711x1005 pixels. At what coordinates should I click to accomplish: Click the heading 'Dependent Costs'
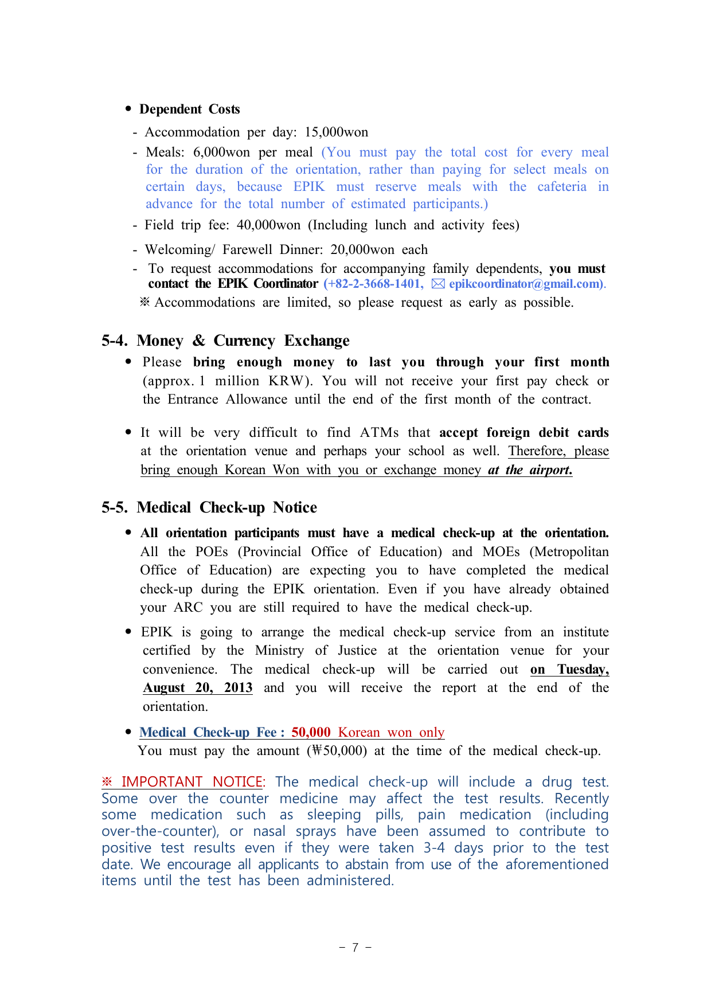189,110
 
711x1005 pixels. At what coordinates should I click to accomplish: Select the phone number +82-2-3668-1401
373,284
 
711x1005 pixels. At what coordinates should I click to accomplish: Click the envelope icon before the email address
438,284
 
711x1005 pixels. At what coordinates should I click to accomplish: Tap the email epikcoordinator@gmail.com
524,284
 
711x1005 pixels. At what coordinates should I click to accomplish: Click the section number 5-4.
114,341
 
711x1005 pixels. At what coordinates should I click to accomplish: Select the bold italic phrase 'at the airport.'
530,470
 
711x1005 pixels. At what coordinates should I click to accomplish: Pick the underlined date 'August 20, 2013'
198,688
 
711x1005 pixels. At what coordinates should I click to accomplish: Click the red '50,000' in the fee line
311,733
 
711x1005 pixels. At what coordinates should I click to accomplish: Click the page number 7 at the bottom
355,948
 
